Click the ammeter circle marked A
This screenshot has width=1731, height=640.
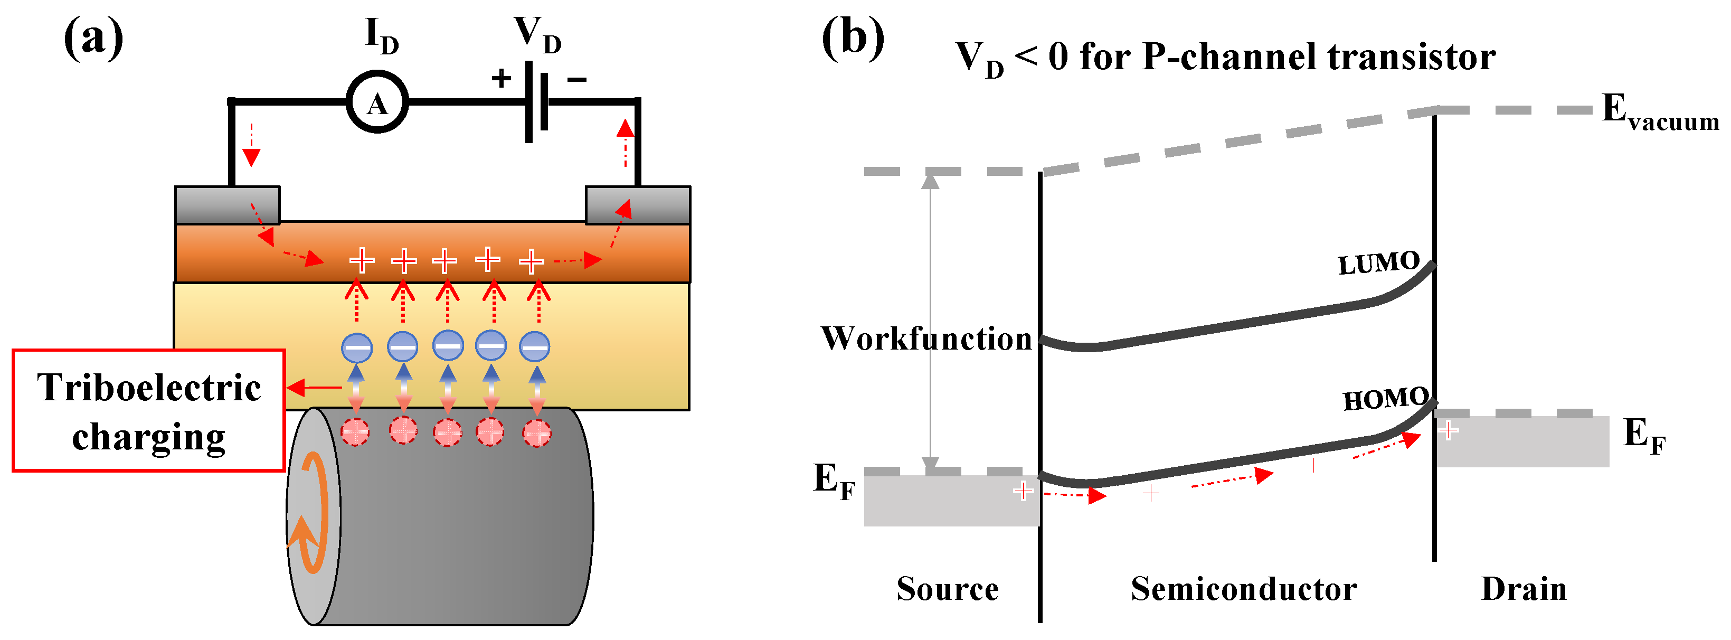[x=377, y=102]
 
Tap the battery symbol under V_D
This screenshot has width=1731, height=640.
[x=537, y=102]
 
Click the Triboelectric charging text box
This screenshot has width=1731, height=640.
[x=148, y=410]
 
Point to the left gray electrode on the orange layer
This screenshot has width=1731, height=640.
[x=227, y=204]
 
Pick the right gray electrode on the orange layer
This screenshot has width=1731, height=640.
[x=638, y=204]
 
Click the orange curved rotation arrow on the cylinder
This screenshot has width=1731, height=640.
[x=311, y=514]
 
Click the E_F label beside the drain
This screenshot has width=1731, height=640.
[x=1644, y=435]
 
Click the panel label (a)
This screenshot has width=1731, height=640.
[x=93, y=39]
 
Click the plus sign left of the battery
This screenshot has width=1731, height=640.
[x=500, y=78]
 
